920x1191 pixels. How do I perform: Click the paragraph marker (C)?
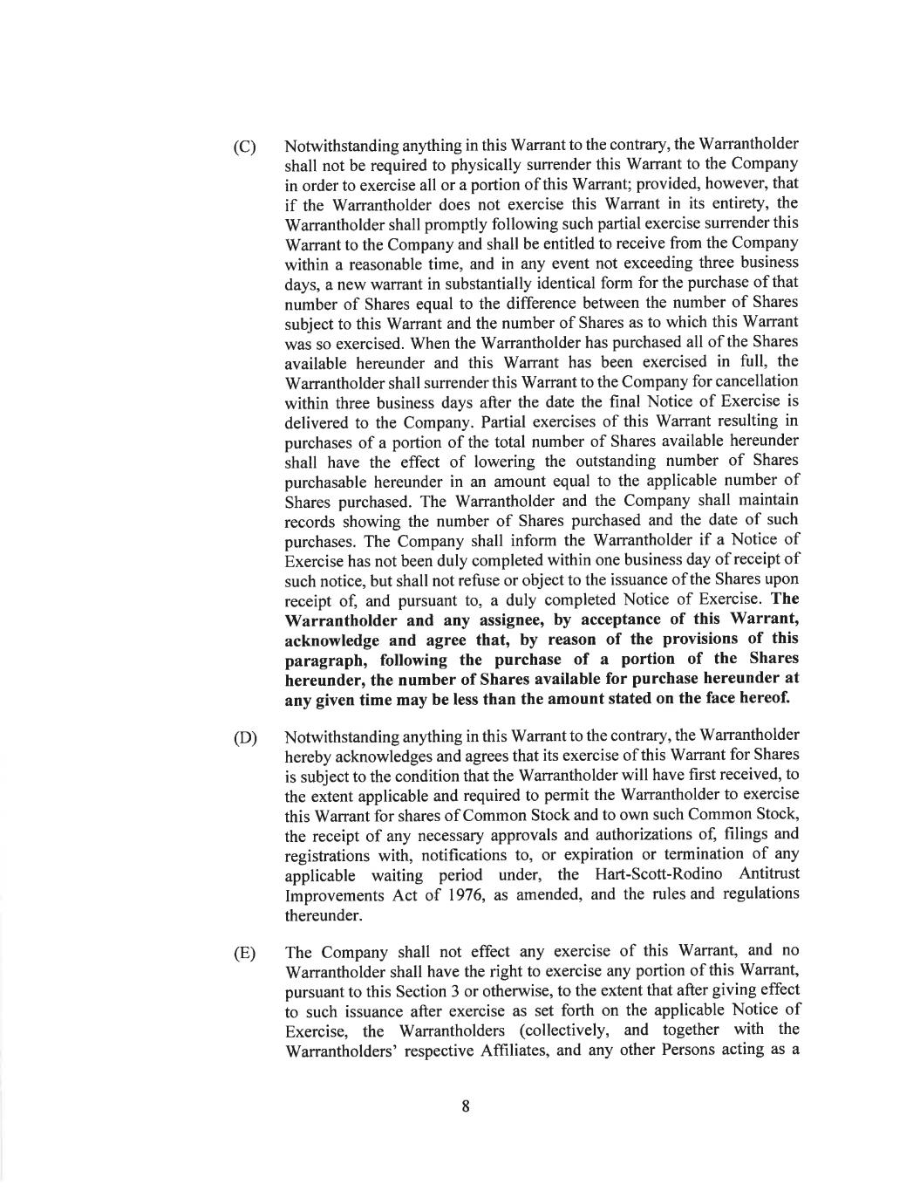tap(244, 147)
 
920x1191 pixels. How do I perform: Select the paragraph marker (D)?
tap(244, 738)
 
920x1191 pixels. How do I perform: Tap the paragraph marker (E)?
tap(244, 953)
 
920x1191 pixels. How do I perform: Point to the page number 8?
tap(466, 1106)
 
